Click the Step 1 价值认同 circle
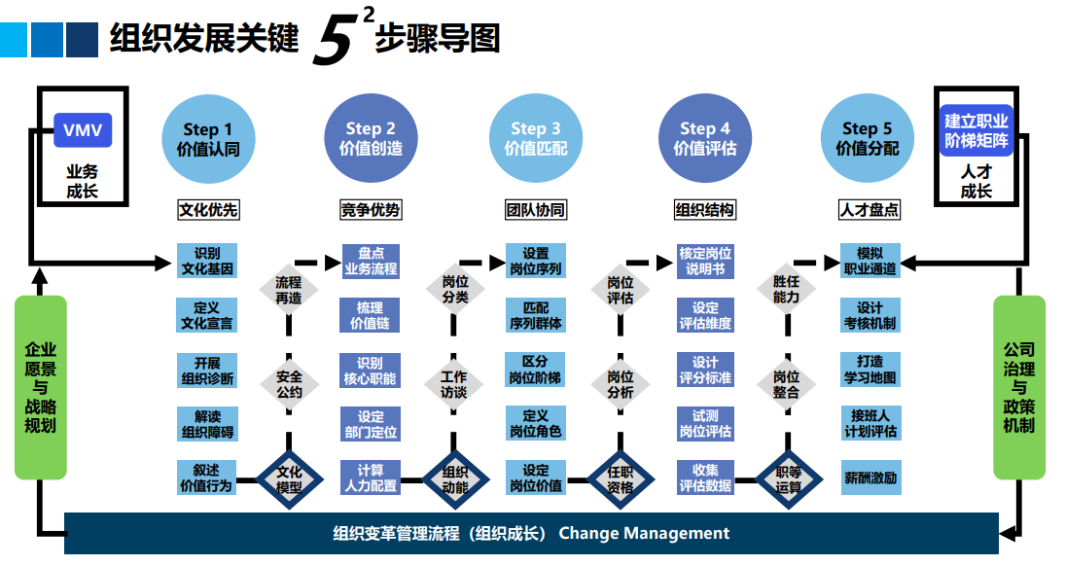click(x=207, y=139)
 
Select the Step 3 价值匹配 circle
click(x=535, y=139)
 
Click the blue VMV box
click(x=83, y=130)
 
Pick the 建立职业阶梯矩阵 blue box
click(x=976, y=131)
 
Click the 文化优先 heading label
click(x=207, y=209)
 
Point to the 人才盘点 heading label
click(x=868, y=209)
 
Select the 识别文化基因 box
click(x=207, y=262)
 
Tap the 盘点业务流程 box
click(x=371, y=262)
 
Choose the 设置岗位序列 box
click(x=535, y=262)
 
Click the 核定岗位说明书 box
click(x=705, y=262)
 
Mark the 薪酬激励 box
click(x=870, y=478)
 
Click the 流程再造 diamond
click(x=289, y=290)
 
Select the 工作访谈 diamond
click(x=453, y=384)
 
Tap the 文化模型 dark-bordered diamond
click(x=289, y=478)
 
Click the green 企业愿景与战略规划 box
click(x=41, y=386)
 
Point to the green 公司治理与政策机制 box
click(x=1018, y=386)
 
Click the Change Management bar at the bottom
click(x=531, y=533)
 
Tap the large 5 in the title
click(x=333, y=44)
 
